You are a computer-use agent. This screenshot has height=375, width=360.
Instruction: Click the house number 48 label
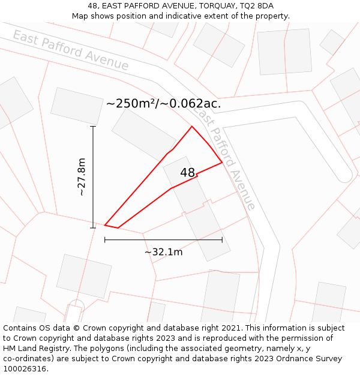[x=187, y=173]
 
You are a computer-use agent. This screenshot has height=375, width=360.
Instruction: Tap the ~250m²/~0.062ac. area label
[x=163, y=103]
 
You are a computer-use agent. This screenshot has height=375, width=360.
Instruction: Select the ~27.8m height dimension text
[x=82, y=177]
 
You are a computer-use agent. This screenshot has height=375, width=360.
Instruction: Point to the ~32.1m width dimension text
[x=163, y=252]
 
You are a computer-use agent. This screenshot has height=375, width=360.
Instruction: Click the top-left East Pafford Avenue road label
[x=70, y=50]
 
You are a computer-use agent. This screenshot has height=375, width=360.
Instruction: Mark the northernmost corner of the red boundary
[x=192, y=127]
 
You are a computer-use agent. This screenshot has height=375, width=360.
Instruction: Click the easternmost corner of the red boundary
[x=222, y=163]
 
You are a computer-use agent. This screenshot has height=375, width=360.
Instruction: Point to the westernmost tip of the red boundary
[x=105, y=225]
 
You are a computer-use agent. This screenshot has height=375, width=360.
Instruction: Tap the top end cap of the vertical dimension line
[x=93, y=127]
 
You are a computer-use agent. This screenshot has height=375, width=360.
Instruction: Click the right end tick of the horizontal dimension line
[x=222, y=240]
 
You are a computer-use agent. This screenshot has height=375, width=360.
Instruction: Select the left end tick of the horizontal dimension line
[x=105, y=240]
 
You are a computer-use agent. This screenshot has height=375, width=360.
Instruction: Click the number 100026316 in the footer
[x=25, y=369]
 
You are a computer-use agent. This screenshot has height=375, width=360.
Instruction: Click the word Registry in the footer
[x=64, y=349]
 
